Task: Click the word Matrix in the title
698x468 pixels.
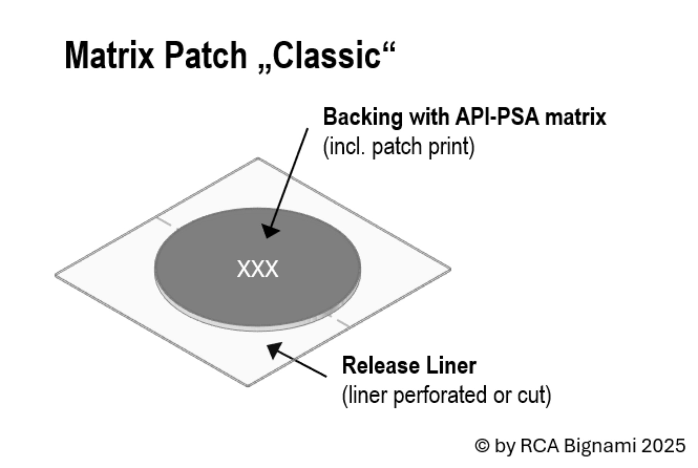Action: click(109, 56)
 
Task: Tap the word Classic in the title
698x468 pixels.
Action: click(326, 56)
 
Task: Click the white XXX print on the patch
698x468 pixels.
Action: click(258, 269)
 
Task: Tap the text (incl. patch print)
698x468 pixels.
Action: click(399, 147)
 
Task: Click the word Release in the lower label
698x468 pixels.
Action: click(380, 366)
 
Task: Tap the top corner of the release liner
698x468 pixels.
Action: click(258, 158)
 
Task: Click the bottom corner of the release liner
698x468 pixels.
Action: click(248, 386)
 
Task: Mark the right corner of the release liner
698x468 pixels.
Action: click(450, 269)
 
